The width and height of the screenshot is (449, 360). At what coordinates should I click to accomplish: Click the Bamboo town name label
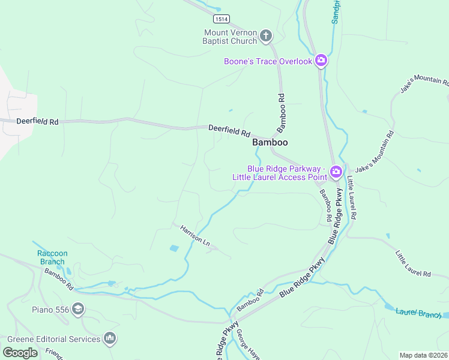point(270,142)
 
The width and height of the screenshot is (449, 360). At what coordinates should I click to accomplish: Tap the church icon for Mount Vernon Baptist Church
point(267,37)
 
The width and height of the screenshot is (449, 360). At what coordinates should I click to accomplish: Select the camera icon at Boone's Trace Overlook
point(321,60)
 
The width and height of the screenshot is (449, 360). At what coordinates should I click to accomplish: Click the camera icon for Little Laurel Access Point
point(336,173)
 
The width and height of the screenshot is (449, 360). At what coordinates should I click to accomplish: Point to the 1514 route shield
point(221,19)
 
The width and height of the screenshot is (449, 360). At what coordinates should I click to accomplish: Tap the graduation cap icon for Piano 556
point(77,310)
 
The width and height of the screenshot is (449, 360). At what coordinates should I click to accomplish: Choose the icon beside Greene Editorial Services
point(110,339)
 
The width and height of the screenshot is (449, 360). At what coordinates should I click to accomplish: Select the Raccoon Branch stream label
point(52,257)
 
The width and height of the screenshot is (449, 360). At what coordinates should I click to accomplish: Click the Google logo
point(20,352)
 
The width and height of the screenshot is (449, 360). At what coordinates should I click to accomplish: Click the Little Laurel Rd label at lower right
point(413,264)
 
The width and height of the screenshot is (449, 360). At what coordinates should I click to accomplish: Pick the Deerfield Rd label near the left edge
point(37,121)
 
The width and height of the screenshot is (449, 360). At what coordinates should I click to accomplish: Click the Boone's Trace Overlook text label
point(268,61)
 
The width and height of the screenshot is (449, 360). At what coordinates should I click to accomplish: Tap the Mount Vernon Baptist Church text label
point(231,37)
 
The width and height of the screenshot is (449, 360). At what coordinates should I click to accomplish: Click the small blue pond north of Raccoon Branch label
point(174,248)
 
